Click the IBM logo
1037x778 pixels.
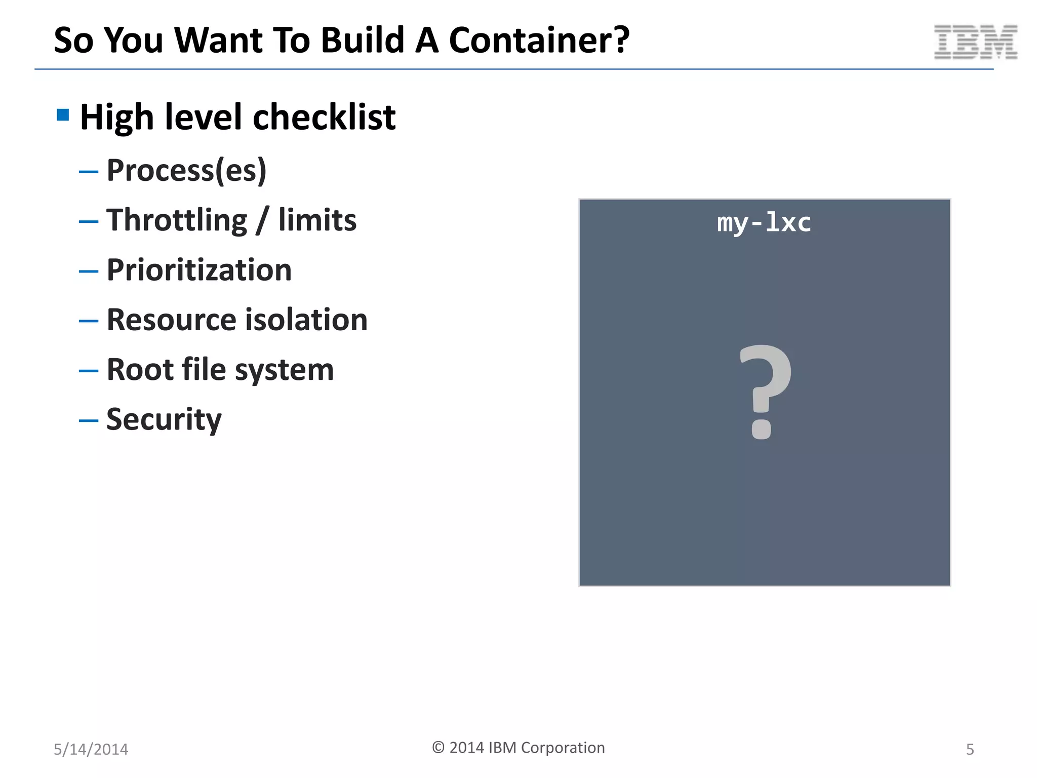click(975, 42)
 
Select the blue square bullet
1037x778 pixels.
click(63, 115)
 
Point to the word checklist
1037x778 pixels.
click(324, 117)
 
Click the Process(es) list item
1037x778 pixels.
click(186, 170)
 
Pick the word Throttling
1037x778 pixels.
click(177, 220)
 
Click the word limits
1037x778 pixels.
click(317, 220)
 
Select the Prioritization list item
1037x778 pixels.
click(199, 270)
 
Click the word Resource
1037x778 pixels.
click(172, 320)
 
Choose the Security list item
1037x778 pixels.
click(164, 420)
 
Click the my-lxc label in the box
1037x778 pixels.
click(764, 223)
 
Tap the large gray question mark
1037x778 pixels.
click(764, 391)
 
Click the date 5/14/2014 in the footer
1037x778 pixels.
click(91, 749)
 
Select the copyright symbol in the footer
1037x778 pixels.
click(438, 748)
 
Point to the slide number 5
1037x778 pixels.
click(970, 749)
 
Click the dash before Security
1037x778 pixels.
click(89, 420)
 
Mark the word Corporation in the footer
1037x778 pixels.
click(563, 748)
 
